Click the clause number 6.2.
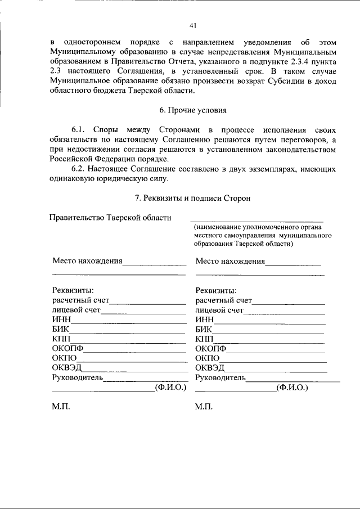point(79,169)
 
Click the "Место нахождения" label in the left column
point(87,261)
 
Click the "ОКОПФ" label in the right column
point(211,349)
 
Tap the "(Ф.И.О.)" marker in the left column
point(170,388)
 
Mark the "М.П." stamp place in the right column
point(204,407)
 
